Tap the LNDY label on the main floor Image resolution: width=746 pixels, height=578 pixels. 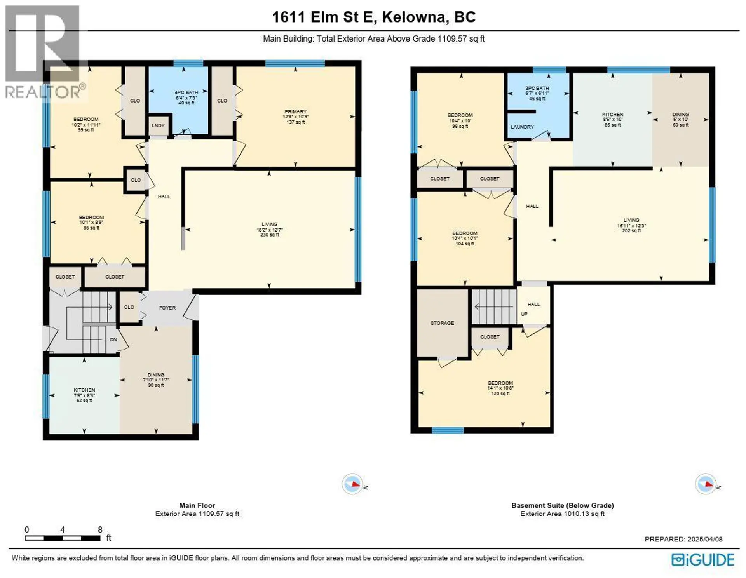(x=158, y=125)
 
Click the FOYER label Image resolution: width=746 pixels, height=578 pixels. (x=167, y=308)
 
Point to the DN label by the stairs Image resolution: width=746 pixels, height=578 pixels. (x=113, y=339)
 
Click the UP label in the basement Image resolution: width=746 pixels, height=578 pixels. (x=524, y=314)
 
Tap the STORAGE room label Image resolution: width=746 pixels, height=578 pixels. (x=442, y=323)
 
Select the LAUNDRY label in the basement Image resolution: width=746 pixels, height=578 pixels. (x=522, y=127)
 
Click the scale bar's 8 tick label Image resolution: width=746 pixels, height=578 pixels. (x=100, y=529)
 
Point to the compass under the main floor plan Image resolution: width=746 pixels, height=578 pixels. (x=352, y=484)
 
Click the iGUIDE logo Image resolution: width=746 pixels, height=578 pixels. (x=703, y=560)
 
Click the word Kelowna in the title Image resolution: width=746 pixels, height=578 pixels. (x=413, y=17)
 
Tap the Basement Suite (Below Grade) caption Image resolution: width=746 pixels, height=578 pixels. (x=562, y=505)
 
